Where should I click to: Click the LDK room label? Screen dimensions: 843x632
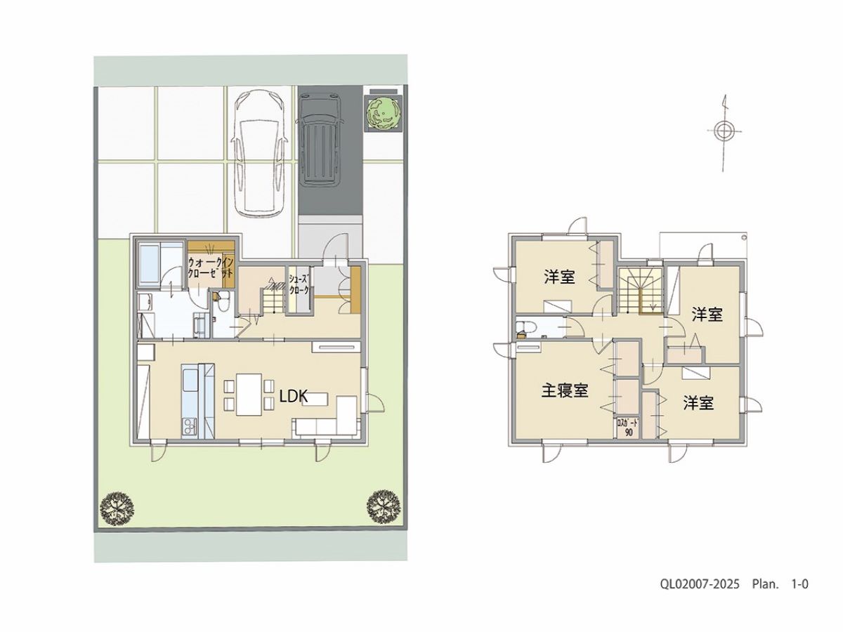[294, 397]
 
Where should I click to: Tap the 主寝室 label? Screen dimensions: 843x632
[565, 391]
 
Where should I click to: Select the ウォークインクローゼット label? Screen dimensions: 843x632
[211, 268]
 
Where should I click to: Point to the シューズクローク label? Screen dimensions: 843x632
[299, 284]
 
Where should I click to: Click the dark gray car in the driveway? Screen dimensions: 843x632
[319, 141]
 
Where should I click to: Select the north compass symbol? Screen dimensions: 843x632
[724, 133]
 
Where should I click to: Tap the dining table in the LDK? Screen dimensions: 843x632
[249, 394]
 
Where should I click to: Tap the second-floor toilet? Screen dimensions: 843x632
[523, 329]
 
